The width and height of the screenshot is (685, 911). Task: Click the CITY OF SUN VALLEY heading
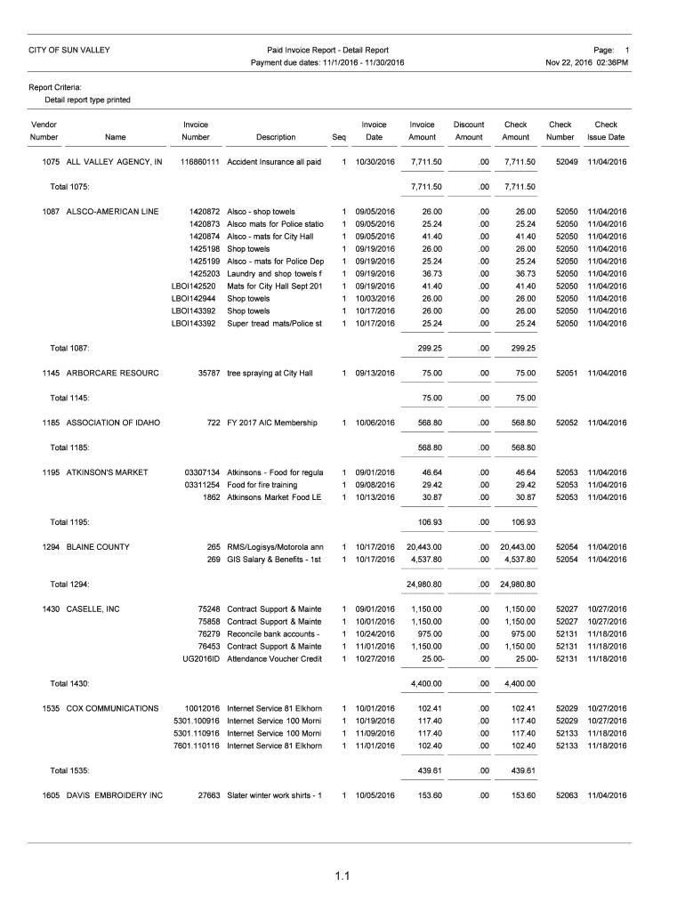pos(69,50)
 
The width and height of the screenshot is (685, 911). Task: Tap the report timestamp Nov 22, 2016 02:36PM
pos(587,63)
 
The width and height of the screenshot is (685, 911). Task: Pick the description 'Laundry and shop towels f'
pos(274,274)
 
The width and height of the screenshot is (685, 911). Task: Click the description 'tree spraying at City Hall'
pos(270,373)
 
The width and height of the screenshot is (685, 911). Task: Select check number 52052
pos(567,423)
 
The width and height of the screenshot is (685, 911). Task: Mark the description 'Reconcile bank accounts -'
pos(274,633)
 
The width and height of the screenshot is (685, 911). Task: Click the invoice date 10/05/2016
pos(375,794)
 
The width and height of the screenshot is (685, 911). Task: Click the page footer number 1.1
pos(342,880)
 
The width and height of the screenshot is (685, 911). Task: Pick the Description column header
pos(275,138)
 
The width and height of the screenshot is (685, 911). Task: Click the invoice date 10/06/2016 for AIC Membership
pos(375,423)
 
